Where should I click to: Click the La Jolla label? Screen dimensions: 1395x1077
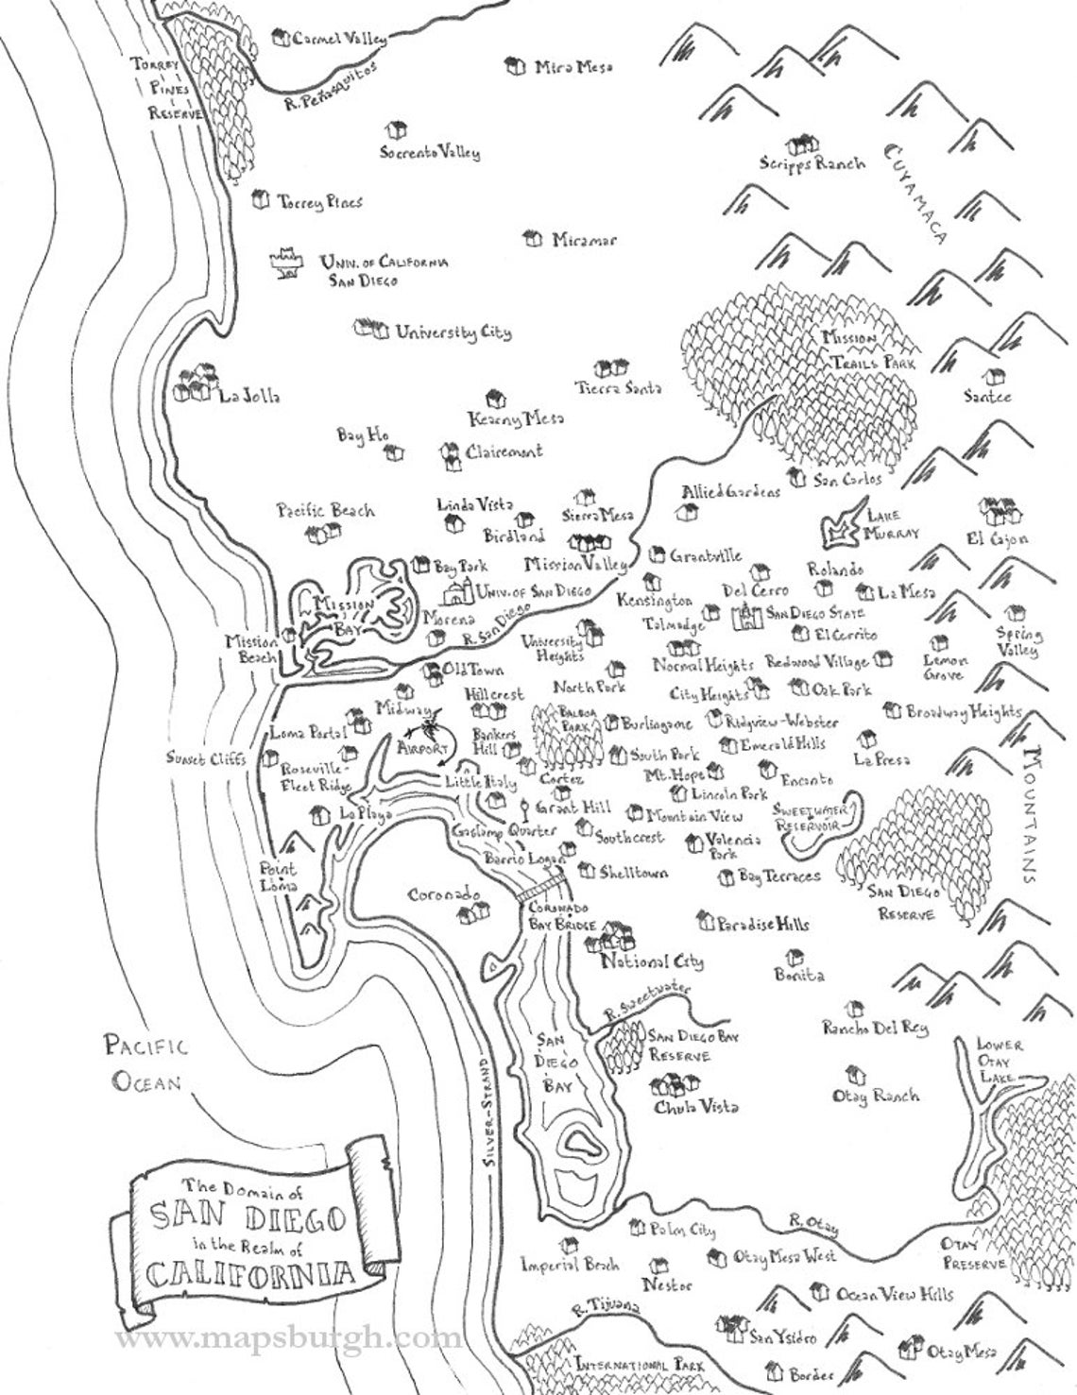[x=249, y=396]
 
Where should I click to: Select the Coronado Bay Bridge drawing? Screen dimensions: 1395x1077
[x=541, y=889]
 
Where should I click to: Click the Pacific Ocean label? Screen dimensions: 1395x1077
[x=146, y=1063]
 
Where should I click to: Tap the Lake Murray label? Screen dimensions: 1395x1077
[x=892, y=524]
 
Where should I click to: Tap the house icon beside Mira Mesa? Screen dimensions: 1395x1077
[x=515, y=66]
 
